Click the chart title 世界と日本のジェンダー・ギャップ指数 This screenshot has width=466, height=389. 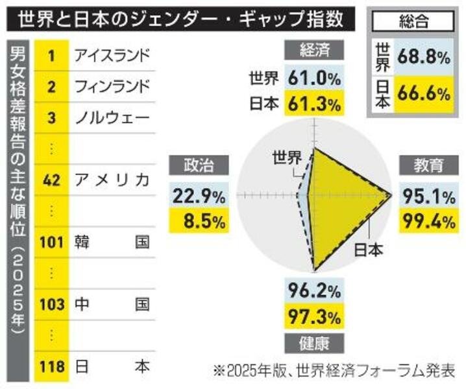[x=181, y=18]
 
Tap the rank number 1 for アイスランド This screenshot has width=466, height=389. [x=51, y=54]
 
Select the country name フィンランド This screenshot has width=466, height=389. [x=112, y=86]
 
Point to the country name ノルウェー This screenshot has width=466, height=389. [x=112, y=117]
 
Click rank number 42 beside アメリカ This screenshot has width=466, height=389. [x=51, y=180]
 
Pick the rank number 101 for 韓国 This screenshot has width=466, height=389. [x=51, y=242]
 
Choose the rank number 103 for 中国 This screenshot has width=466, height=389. [x=51, y=305]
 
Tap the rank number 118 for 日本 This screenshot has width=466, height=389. [x=51, y=367]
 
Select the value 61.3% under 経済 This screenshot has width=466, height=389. [x=316, y=102]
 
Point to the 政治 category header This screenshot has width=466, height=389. [x=198, y=165]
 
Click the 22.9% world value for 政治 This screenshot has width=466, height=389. [x=198, y=195]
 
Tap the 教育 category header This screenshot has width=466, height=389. [x=428, y=165]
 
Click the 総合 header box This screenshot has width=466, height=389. [x=411, y=21]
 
